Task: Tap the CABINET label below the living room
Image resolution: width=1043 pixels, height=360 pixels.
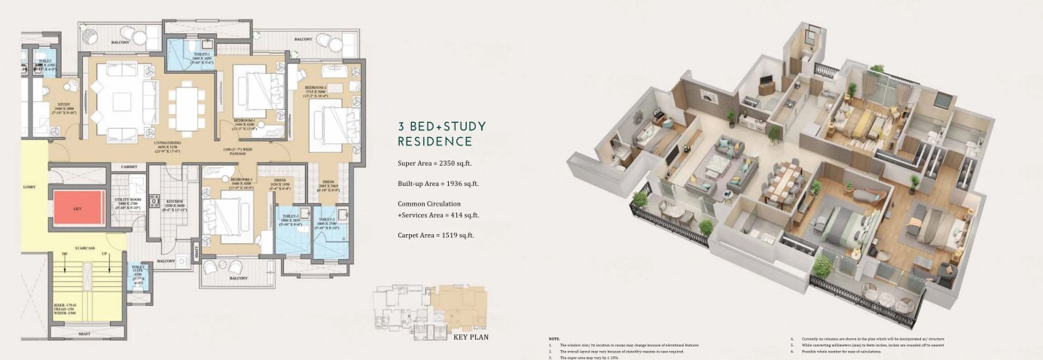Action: [128, 166]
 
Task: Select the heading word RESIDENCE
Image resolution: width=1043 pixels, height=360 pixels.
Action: [435, 141]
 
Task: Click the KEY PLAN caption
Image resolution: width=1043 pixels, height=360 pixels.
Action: [471, 337]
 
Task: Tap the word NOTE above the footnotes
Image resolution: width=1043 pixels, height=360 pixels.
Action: [554, 339]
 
